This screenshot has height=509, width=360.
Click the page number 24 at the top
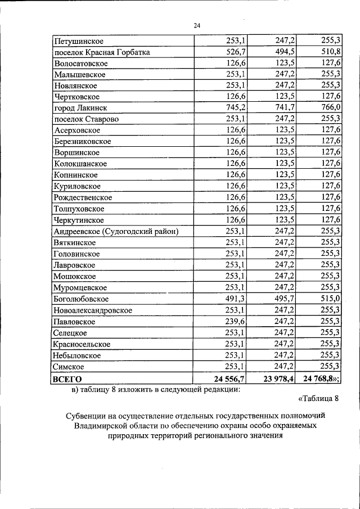[197, 25]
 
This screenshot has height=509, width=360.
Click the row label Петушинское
[78, 41]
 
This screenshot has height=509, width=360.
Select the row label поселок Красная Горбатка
[102, 52]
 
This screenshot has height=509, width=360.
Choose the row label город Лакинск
[80, 108]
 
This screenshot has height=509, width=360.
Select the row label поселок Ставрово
[86, 119]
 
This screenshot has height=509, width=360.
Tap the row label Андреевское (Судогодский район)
[116, 232]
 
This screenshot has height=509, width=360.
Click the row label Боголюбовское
[82, 299]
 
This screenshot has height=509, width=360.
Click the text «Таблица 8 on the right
[319, 399]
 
